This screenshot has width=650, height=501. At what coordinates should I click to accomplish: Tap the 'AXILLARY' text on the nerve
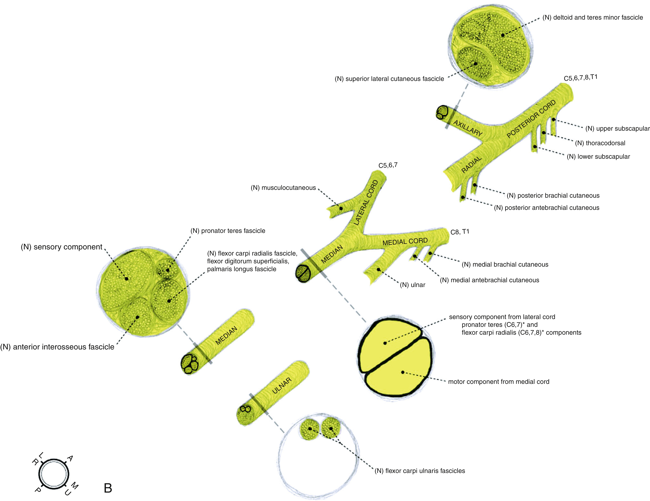click(468, 128)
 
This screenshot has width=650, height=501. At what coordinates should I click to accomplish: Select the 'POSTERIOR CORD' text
click(531, 119)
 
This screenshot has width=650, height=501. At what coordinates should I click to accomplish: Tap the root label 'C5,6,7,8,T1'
click(580, 78)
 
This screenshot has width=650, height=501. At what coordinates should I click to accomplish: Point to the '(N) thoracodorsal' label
click(600, 143)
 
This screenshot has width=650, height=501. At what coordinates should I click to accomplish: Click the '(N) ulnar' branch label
click(413, 285)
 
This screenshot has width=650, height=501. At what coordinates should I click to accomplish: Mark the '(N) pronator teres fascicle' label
click(228, 231)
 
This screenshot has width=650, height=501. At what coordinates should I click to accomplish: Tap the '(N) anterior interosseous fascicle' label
click(57, 347)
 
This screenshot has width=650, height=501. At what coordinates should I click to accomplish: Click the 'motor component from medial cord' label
click(498, 382)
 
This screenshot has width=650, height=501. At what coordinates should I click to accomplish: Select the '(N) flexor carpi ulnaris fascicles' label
click(420, 471)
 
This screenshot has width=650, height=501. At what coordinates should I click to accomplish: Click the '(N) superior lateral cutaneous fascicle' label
click(389, 79)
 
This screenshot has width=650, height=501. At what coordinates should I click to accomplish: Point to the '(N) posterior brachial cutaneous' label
click(553, 196)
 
